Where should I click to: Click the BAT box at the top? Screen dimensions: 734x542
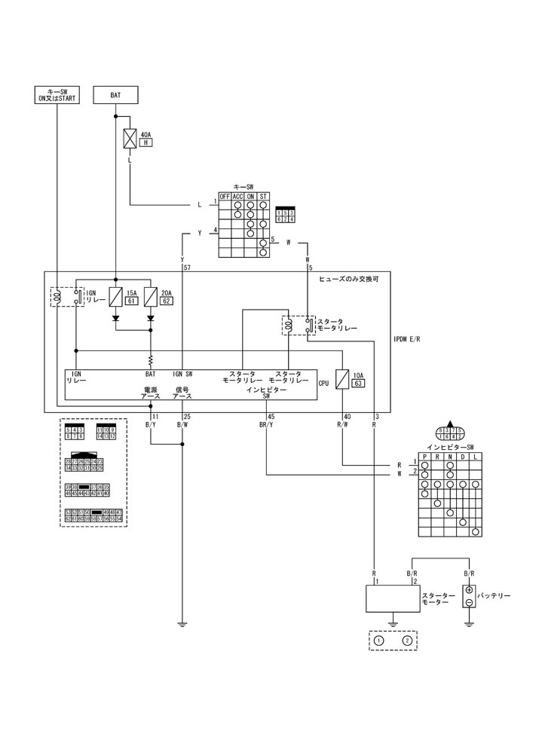coord(115,95)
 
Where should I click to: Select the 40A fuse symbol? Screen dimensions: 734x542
coord(130,139)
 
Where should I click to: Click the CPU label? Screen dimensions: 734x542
coord(324,383)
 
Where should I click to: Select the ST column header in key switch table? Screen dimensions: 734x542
coord(263,197)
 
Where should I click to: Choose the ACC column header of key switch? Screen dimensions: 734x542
coord(237,197)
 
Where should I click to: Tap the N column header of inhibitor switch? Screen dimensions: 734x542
coord(450,457)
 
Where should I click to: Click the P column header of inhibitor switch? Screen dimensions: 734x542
coord(424,457)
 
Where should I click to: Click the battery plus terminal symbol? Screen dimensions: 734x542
coord(469,590)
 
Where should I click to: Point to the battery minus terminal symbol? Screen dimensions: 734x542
coord(469,603)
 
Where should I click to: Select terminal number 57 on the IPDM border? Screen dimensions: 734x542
coord(187,268)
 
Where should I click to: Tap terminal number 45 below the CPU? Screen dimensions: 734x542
coord(271,417)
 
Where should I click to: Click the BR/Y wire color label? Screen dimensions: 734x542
coord(268,425)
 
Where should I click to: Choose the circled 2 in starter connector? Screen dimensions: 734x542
coord(407,641)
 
